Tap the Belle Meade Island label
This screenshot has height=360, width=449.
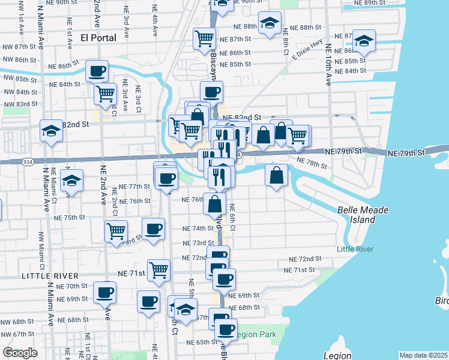363,215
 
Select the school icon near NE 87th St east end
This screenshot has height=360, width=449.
363,41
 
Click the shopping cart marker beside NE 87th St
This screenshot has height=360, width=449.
204,39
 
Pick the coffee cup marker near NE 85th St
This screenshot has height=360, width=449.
97,71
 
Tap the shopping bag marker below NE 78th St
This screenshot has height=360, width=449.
276,176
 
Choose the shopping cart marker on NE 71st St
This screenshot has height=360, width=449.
158,270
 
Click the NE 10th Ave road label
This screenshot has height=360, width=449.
328,66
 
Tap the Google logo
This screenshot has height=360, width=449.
20,352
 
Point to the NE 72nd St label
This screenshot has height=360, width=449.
305,259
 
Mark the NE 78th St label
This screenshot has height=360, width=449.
312,162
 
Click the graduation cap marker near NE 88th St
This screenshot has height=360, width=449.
270,23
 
